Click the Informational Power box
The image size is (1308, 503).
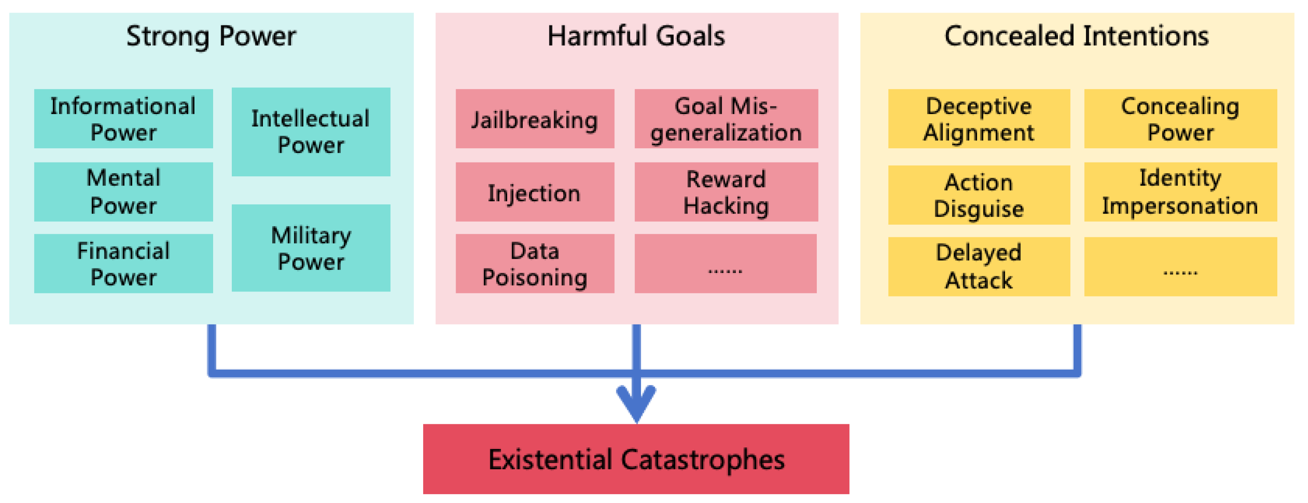coord(123,119)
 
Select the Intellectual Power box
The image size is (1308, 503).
coord(311,132)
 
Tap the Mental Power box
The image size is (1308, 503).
coord(123,191)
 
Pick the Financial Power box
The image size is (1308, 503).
coord(123,263)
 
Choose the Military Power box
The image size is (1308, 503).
coord(311,248)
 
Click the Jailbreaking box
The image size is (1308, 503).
coord(535,119)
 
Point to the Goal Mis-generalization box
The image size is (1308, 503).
coord(726,119)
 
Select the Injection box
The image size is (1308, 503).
coord(535,191)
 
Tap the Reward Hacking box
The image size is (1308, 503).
coord(726,191)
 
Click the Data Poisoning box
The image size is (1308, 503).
coord(535,263)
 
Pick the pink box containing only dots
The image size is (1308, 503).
coord(725,263)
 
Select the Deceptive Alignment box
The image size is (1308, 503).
coord(978,119)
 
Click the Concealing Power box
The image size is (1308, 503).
coord(1180,119)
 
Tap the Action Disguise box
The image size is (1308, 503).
coord(978,195)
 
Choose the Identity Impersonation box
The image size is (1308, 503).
coord(1180,191)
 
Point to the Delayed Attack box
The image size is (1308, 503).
coord(978,266)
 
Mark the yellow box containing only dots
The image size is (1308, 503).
coord(1180,266)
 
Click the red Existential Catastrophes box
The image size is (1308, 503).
coord(636,459)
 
